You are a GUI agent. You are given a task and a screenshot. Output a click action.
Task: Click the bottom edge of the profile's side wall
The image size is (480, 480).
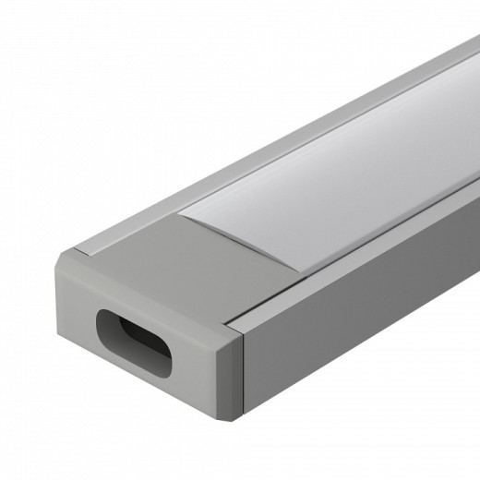click(369, 369)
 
